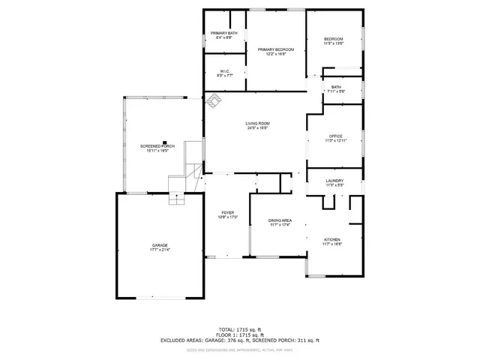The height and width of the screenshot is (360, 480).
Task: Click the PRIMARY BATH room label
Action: tap(223, 33)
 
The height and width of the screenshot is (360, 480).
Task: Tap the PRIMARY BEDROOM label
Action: tap(276, 49)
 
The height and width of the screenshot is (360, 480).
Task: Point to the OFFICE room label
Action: tap(334, 136)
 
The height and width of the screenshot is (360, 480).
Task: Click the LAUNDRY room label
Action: tap(334, 181)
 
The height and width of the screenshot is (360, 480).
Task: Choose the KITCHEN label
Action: tap(331, 239)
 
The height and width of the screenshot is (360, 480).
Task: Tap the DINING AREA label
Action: tap(280, 220)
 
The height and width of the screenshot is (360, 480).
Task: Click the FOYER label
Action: tap(227, 212)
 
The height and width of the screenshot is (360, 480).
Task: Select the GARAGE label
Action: tap(160, 244)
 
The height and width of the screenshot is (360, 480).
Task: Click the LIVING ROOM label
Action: tap(257, 123)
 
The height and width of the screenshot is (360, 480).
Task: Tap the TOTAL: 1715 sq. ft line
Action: tap(240, 329)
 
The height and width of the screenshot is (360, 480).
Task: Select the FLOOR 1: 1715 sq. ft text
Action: tap(240, 334)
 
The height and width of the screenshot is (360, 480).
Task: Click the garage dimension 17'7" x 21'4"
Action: tap(160, 250)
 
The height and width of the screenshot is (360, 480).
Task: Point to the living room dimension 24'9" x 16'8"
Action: tap(257, 128)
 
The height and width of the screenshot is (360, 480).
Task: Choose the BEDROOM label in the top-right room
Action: tap(334, 39)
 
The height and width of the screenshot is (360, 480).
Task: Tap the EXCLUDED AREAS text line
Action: tap(240, 340)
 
